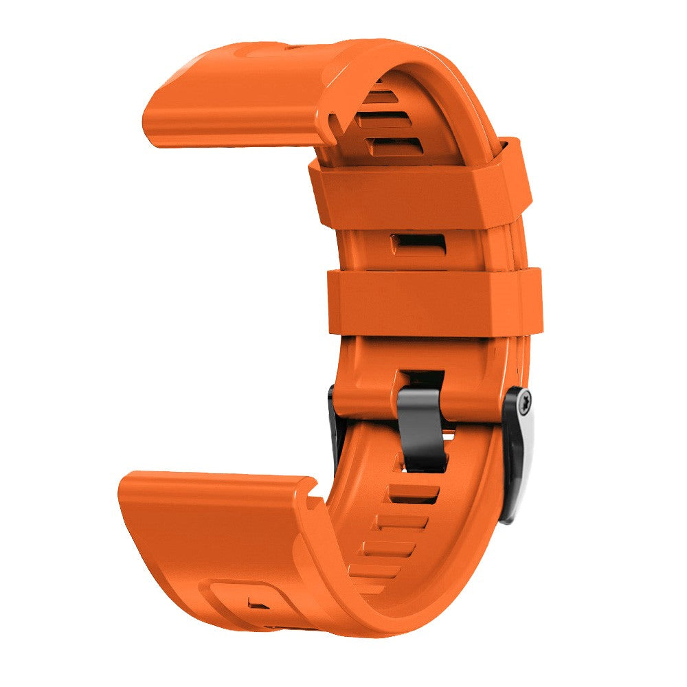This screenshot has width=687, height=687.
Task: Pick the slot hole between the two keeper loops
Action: click(417, 243)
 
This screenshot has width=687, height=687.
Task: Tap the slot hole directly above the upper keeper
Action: click(396, 144)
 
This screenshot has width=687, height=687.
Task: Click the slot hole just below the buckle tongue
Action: click(413, 494)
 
